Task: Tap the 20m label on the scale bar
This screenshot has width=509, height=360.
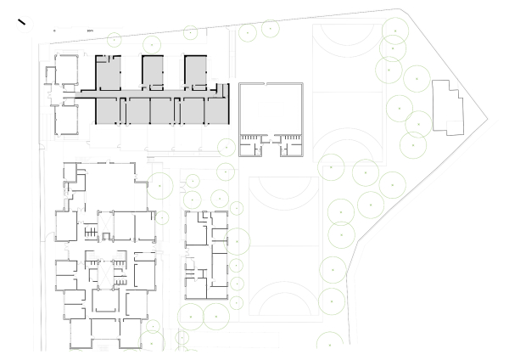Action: (x=90, y=30)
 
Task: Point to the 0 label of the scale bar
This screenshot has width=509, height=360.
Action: (x=54, y=30)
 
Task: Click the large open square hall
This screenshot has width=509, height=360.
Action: (x=271, y=108)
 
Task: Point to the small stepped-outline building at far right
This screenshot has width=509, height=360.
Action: (x=446, y=106)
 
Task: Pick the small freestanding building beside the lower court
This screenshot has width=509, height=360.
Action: (x=206, y=246)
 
